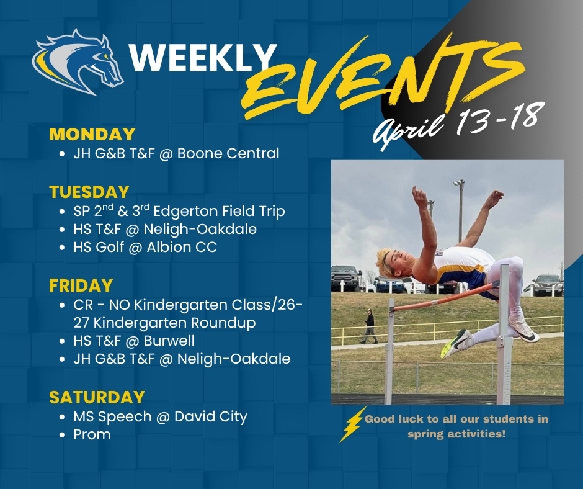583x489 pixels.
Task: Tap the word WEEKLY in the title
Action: point(202,58)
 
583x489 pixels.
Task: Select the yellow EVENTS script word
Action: point(372,78)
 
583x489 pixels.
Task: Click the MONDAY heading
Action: point(92,134)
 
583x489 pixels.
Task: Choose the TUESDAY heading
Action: point(89,192)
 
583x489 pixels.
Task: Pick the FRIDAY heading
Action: point(81,285)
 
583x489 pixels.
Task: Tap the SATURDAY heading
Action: point(97,397)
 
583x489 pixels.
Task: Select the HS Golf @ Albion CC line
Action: point(145,248)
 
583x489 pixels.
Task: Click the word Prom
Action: point(92,434)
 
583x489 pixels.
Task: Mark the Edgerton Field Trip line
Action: point(179,211)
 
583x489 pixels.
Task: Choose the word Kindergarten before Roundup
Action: point(135,323)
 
